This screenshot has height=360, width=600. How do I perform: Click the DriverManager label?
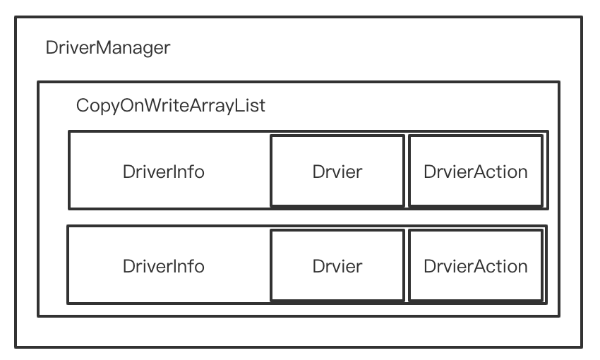point(107,49)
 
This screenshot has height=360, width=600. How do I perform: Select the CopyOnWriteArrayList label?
point(171,107)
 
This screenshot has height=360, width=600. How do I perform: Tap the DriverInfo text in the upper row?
point(163,172)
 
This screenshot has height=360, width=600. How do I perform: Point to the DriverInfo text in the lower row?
point(163,266)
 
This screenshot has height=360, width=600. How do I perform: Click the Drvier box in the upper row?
point(337,172)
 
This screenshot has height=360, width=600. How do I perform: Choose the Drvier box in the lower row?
point(337,266)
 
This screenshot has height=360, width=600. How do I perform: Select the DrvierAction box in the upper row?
point(475,172)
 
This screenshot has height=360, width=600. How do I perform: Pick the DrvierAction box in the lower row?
point(475,266)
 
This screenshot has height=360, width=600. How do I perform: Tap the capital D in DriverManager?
point(51,49)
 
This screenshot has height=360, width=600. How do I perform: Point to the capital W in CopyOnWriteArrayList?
point(147,107)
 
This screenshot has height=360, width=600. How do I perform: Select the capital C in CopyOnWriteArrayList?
point(82,107)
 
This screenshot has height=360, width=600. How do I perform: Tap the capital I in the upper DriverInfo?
point(172,172)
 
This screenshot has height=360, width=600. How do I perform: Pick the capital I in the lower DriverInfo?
point(172,266)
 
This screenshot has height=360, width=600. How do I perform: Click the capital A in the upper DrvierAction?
point(473,172)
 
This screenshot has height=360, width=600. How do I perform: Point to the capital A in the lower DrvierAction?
point(473,266)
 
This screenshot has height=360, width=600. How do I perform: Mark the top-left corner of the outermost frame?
point(16,17)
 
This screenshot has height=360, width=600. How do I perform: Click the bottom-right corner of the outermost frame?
point(582,347)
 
